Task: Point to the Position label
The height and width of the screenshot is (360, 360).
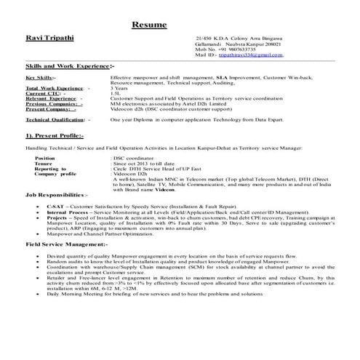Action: [x=44, y=157]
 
